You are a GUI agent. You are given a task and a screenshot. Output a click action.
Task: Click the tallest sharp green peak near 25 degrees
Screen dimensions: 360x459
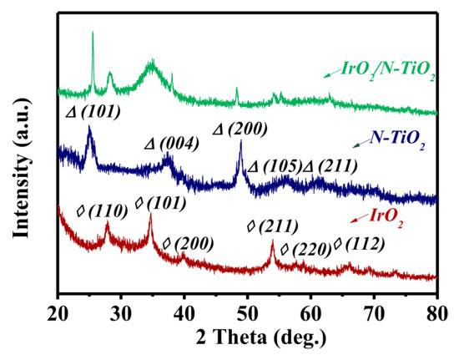(x=92, y=33)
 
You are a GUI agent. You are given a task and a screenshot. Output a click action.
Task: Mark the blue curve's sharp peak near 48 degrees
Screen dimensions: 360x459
(x=241, y=142)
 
